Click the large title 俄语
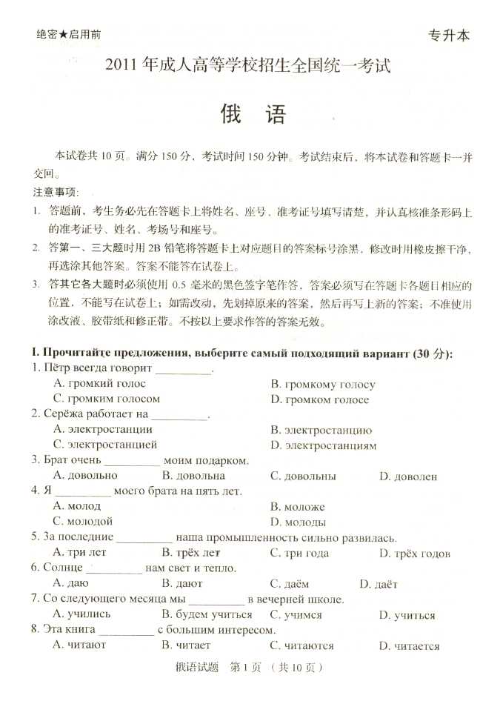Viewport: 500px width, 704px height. (252, 115)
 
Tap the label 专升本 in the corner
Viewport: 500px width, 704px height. (449, 35)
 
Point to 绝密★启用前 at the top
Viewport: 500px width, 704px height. (68, 34)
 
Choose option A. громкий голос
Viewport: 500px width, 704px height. (100, 383)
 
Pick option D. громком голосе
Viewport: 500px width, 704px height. (319, 399)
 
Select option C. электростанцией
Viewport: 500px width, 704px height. (105, 445)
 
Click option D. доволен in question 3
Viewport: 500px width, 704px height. (408, 476)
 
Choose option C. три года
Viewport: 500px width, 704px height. (299, 553)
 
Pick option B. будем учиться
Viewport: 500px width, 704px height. (207, 614)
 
